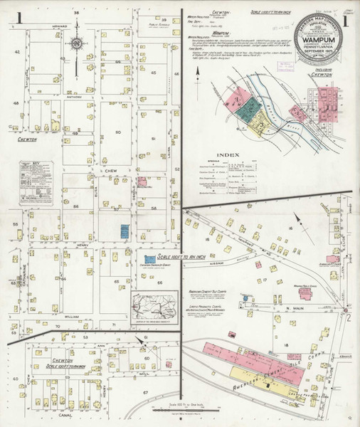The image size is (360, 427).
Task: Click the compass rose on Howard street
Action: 75,45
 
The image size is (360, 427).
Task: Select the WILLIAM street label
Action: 71,315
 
